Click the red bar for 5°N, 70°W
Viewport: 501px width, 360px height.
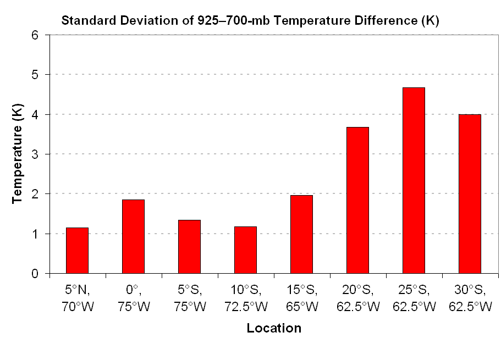click(x=77, y=251)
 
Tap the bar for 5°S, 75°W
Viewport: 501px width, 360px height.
click(x=189, y=247)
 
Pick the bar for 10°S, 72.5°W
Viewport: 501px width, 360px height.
click(x=245, y=250)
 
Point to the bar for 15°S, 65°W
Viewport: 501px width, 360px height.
click(x=301, y=234)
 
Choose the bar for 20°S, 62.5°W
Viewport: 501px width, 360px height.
click(x=357, y=200)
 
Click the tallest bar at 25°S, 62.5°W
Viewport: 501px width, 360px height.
click(x=414, y=180)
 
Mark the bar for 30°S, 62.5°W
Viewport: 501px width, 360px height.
click(x=470, y=194)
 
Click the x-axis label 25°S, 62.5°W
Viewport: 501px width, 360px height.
click(x=414, y=297)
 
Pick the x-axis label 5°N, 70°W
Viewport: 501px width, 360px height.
click(x=77, y=297)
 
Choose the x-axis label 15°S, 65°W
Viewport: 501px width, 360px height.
click(x=301, y=297)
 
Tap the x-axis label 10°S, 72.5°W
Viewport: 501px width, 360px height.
click(x=245, y=297)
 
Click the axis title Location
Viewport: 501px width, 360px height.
click(x=274, y=329)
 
